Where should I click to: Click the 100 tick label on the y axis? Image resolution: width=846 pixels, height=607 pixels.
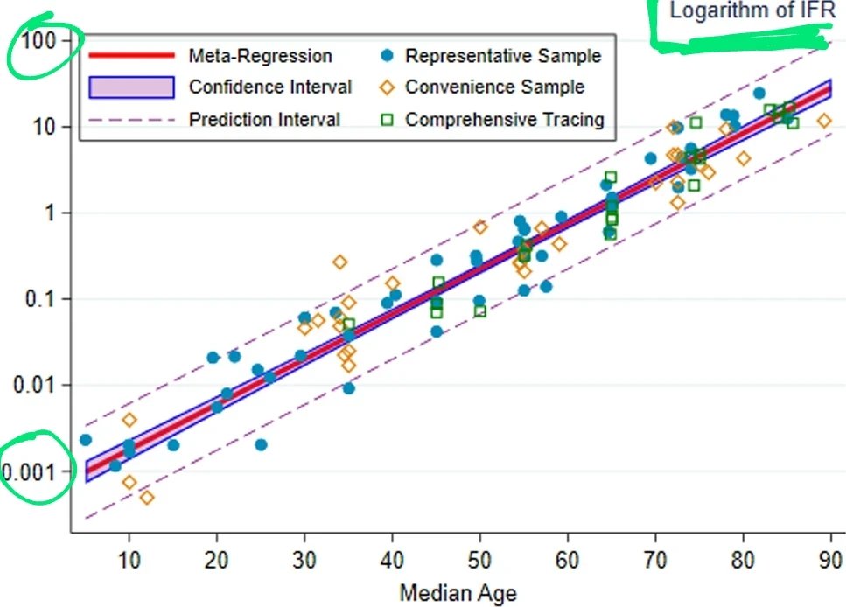pos(38,40)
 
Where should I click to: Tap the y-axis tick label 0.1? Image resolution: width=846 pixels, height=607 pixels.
pos(40,298)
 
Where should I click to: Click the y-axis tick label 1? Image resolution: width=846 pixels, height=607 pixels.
pos(51,213)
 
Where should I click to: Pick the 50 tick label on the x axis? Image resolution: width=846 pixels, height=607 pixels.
pos(479,560)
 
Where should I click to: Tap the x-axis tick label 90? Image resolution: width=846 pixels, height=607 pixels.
pos(830,560)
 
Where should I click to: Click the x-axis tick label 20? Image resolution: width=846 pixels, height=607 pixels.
pos(216,560)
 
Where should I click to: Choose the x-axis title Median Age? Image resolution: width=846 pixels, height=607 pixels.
pos(458,593)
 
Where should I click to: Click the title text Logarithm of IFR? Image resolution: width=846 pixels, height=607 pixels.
pos(752,10)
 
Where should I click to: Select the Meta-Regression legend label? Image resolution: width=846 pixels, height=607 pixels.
pos(260,56)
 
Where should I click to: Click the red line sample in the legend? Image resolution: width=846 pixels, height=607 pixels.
pos(131,55)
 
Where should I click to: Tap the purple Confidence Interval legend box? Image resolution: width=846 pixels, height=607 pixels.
pos(131,87)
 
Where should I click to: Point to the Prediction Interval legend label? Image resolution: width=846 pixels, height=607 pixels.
pos(264,119)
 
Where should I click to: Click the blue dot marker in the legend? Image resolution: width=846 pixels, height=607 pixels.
pos(387,55)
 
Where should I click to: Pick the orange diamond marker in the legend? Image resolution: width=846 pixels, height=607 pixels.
pos(387,87)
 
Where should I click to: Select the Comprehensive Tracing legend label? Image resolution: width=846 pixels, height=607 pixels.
pos(505,119)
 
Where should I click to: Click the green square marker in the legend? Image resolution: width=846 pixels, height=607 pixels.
pos(387,119)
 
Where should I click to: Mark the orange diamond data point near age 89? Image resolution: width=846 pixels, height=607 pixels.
pos(824,121)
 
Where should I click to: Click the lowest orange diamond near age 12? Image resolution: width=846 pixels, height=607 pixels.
pos(147,497)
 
